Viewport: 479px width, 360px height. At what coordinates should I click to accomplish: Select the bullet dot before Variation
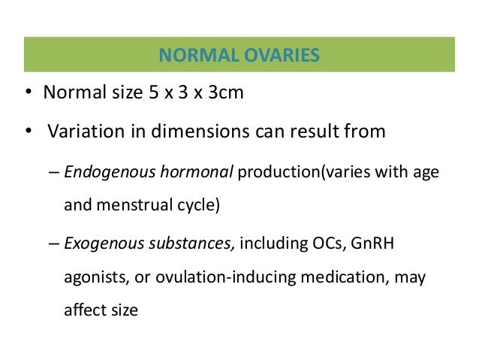click(27, 133)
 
